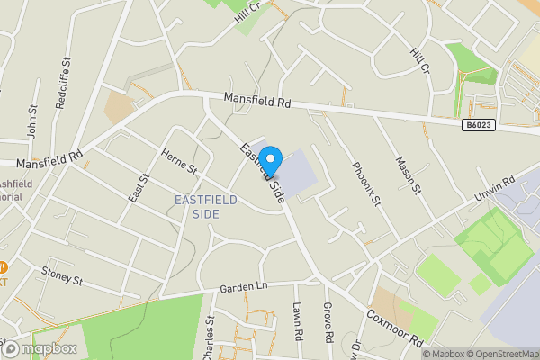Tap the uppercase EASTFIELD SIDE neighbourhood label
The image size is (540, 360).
206,206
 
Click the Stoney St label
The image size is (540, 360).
62,274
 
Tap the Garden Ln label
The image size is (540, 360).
244,287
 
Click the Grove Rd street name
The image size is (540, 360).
328,326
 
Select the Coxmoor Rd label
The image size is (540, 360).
394,329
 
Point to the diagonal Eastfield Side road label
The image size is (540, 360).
258,171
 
